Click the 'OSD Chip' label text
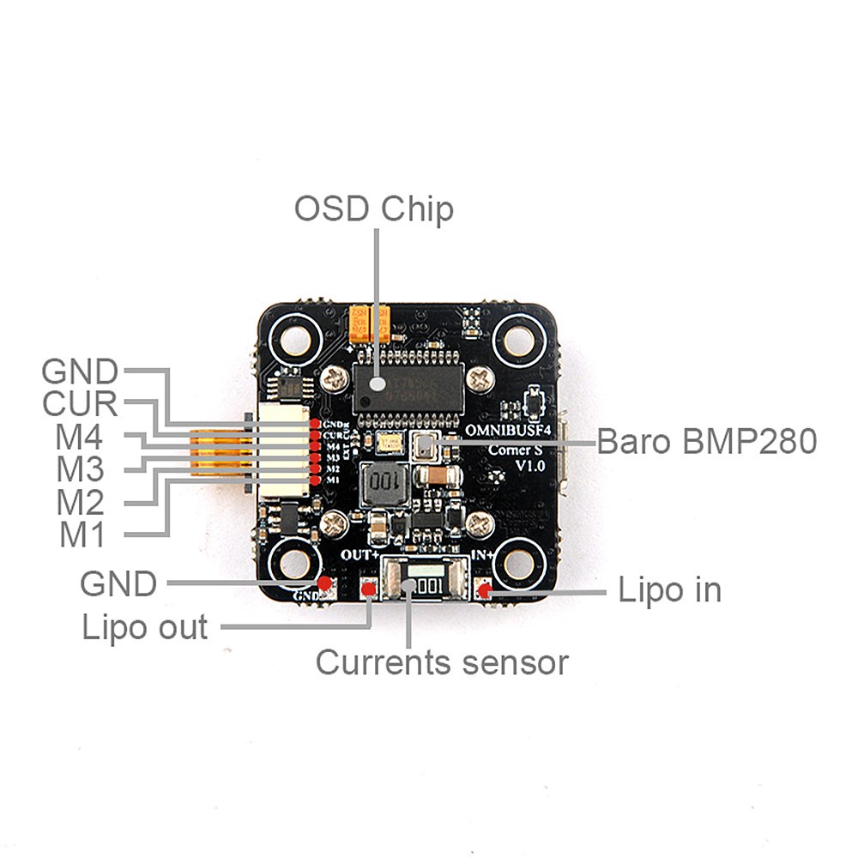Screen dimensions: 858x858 coord(373,208)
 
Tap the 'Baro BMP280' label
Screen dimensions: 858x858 coord(706,442)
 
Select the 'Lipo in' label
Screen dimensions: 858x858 coord(669,590)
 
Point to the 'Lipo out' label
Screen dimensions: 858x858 coord(145,627)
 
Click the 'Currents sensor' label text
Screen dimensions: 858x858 coord(442,662)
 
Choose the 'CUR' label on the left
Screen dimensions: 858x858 coord(81,404)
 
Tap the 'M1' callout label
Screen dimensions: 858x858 coord(82,535)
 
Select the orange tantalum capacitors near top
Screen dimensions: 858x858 coord(370,323)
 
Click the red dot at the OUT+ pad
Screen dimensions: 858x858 coord(369,589)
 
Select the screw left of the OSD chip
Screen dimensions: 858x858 coord(332,376)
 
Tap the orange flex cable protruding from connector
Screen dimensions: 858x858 coord(218,453)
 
